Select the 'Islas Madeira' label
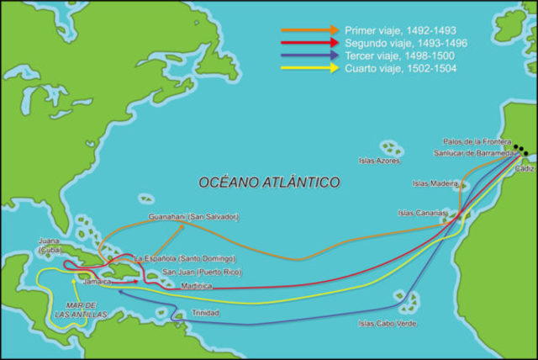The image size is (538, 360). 435,183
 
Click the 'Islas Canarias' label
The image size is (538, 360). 423,213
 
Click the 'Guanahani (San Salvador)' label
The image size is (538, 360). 193,216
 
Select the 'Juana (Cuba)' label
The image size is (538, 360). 49,245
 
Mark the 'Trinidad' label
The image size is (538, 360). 205,313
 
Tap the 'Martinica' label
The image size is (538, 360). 197,287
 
